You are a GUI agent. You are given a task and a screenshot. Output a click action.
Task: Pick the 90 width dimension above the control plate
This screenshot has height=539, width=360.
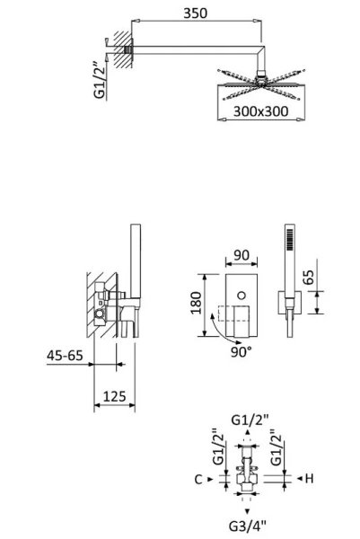(x=241, y=256)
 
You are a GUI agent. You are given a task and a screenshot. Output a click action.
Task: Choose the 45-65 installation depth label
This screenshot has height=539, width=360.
(x=66, y=356)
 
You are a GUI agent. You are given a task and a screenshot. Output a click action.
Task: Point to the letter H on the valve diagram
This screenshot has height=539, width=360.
(x=308, y=480)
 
